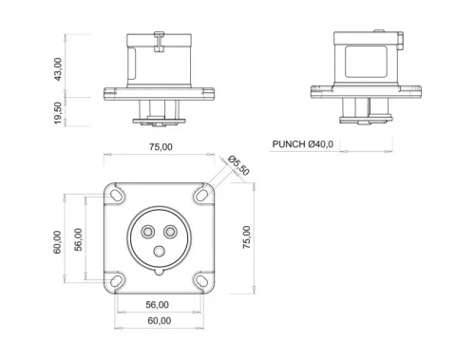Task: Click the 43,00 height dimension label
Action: (59, 67)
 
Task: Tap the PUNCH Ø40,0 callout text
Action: (305, 144)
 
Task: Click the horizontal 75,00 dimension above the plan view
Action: (160, 147)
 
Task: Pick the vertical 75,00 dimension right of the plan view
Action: (247, 238)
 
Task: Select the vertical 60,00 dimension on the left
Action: (58, 241)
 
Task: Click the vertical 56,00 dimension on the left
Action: (79, 241)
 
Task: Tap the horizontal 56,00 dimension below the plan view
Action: (158, 305)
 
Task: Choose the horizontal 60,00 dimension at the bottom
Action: (158, 321)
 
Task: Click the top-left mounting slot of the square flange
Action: (117, 194)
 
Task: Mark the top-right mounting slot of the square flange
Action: (201, 194)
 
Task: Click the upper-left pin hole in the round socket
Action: (147, 231)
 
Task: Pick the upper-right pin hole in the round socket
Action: (171, 231)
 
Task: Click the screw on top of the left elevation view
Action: (160, 37)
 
